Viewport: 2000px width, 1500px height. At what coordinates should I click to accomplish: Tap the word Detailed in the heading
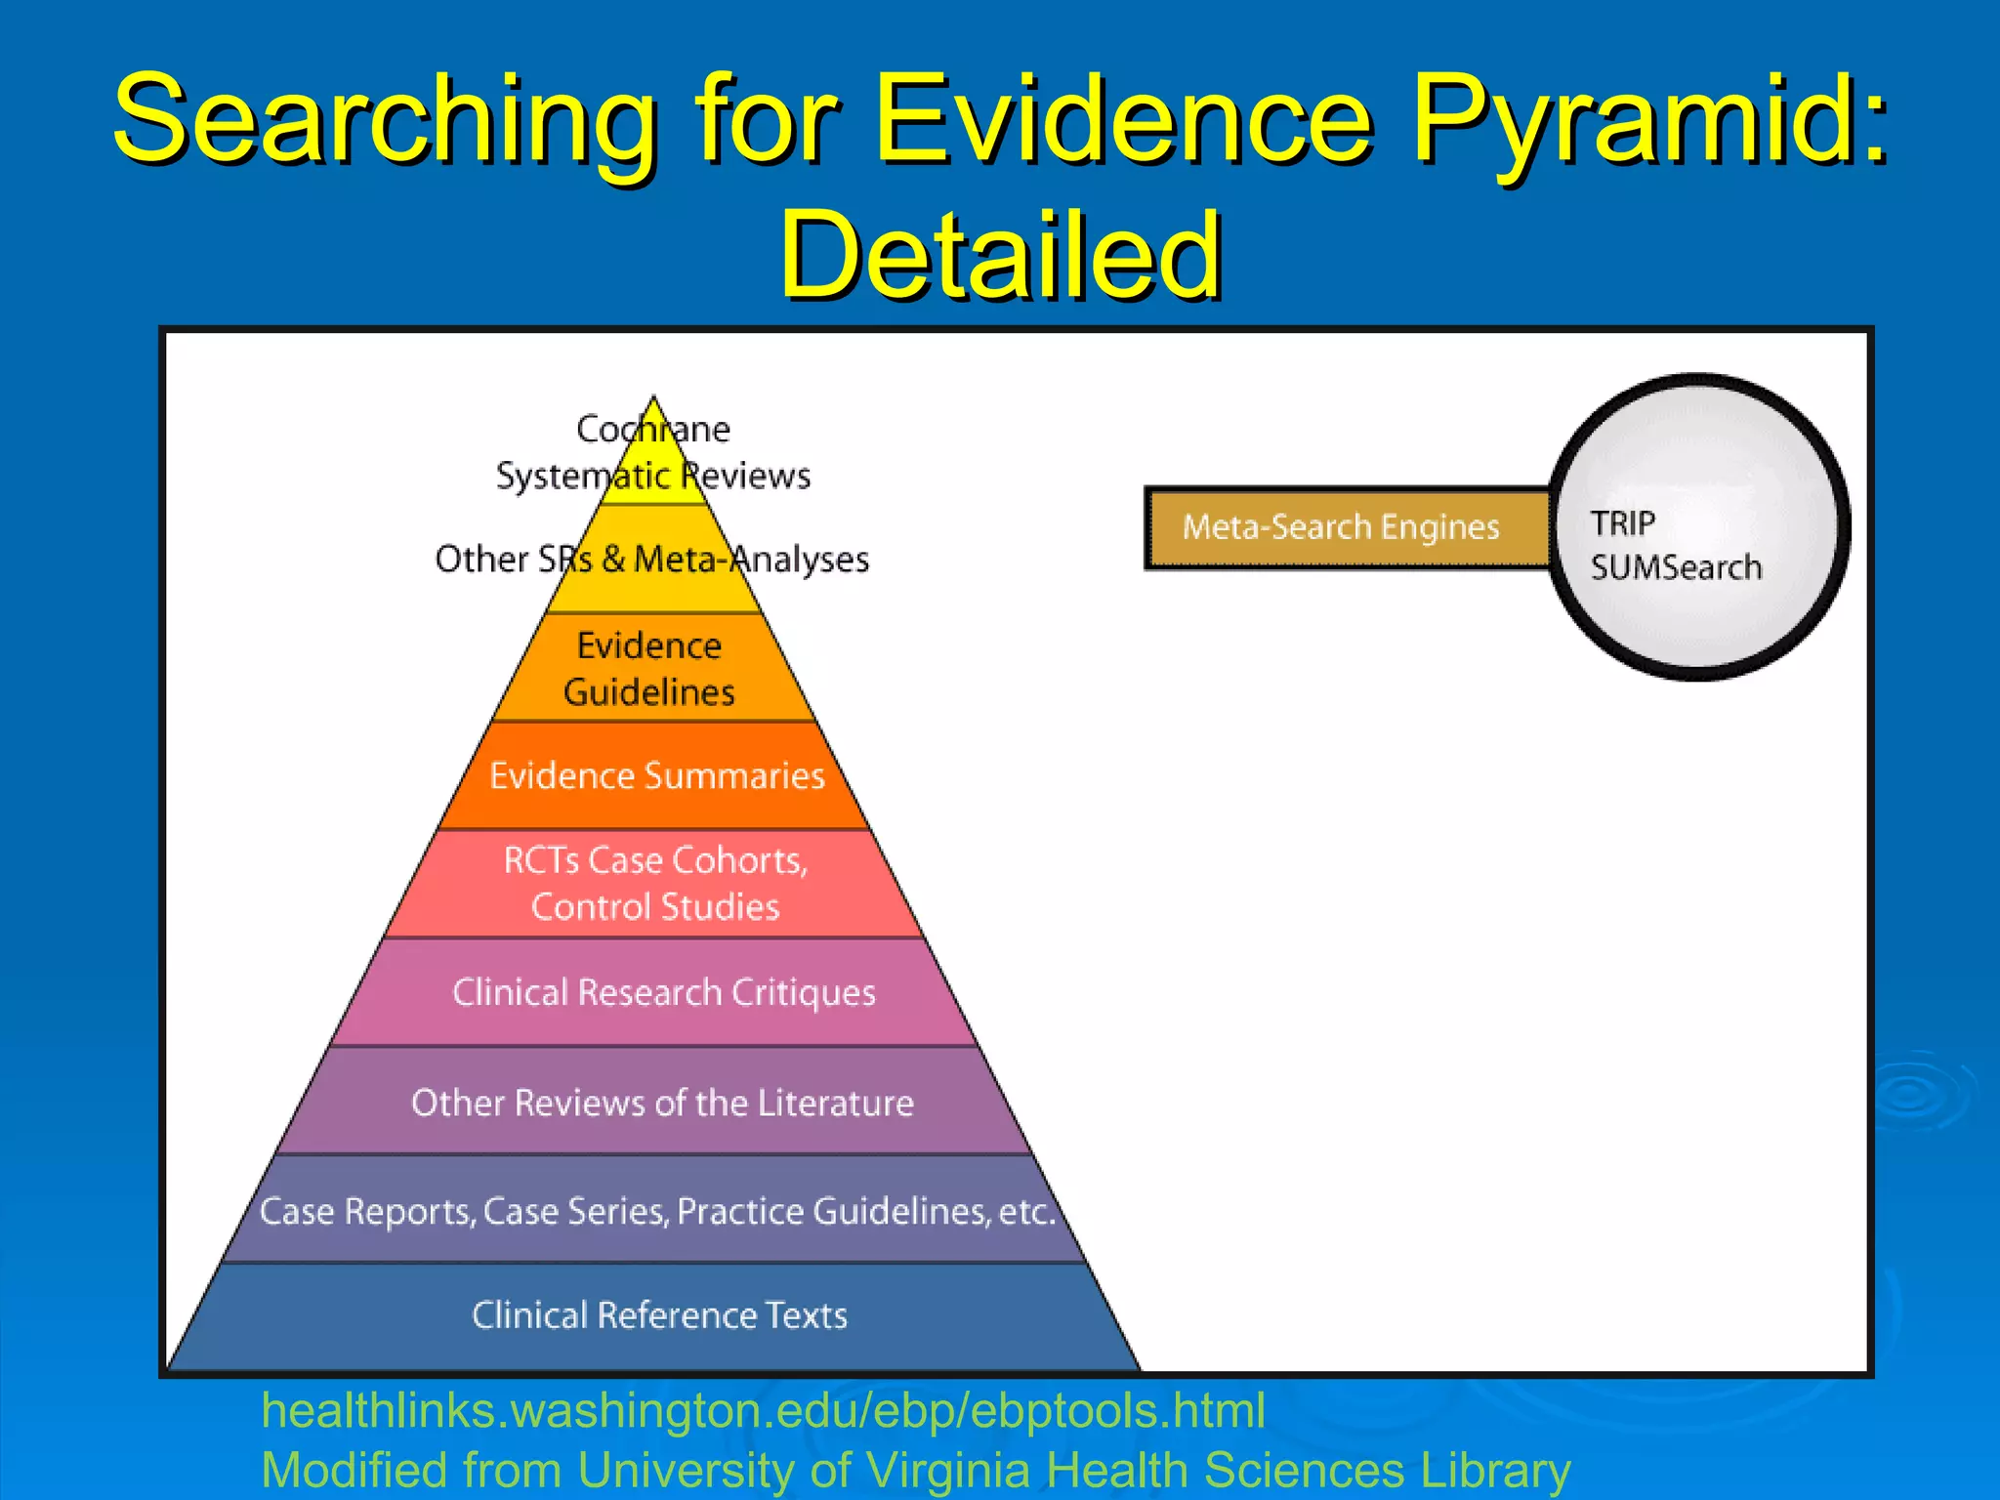pos(1001,256)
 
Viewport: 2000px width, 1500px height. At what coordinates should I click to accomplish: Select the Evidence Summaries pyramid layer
pos(656,776)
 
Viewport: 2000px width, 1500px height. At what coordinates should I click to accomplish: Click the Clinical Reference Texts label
pos(659,1315)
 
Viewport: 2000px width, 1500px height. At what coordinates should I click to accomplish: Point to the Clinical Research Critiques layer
pos(663,993)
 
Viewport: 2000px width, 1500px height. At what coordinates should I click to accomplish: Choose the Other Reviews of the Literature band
pos(662,1104)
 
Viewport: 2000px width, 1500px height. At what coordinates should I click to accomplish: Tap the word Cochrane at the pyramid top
pos(652,429)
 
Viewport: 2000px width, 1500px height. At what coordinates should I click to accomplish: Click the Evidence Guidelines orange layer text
pos(649,669)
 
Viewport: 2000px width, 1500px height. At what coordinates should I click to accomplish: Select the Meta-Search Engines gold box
pos(1341,527)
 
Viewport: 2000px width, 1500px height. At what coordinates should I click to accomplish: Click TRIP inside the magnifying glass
pos(1622,523)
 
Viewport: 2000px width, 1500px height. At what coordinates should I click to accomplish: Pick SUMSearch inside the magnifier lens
pos(1676,567)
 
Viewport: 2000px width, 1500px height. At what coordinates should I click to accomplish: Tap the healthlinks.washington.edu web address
pos(763,1411)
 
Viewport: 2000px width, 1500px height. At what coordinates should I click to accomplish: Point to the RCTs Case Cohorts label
pos(655,860)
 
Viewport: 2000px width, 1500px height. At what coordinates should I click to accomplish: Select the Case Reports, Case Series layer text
pos(657,1212)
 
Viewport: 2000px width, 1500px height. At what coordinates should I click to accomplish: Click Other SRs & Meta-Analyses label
pos(651,560)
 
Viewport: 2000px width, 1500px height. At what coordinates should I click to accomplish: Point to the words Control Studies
pos(655,907)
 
